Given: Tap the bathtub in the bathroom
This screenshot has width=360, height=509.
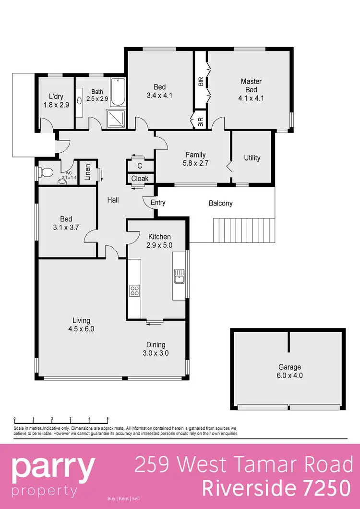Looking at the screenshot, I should pyautogui.click(x=118, y=93).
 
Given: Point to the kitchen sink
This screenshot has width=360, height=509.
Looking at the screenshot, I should pyautogui.click(x=180, y=277).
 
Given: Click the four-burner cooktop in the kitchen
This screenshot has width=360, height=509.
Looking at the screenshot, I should pyautogui.click(x=134, y=290).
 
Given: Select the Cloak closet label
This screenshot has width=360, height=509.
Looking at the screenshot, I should pyautogui.click(x=140, y=179).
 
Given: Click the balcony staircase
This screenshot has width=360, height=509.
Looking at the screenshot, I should pyautogui.click(x=245, y=230).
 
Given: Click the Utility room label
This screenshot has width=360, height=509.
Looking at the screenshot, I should pyautogui.click(x=252, y=158).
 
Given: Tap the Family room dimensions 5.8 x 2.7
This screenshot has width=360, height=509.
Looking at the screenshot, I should pyautogui.click(x=195, y=164).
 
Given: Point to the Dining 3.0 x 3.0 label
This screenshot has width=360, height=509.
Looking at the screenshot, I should pyautogui.click(x=156, y=349).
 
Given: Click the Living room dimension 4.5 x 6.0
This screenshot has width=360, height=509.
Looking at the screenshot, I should pyautogui.click(x=81, y=329).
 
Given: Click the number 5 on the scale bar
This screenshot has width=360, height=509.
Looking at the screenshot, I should pyautogui.click(x=108, y=418).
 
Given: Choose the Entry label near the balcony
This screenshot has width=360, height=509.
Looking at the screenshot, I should pyautogui.click(x=157, y=203).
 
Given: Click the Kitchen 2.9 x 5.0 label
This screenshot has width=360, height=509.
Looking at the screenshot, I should pyautogui.click(x=159, y=241).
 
